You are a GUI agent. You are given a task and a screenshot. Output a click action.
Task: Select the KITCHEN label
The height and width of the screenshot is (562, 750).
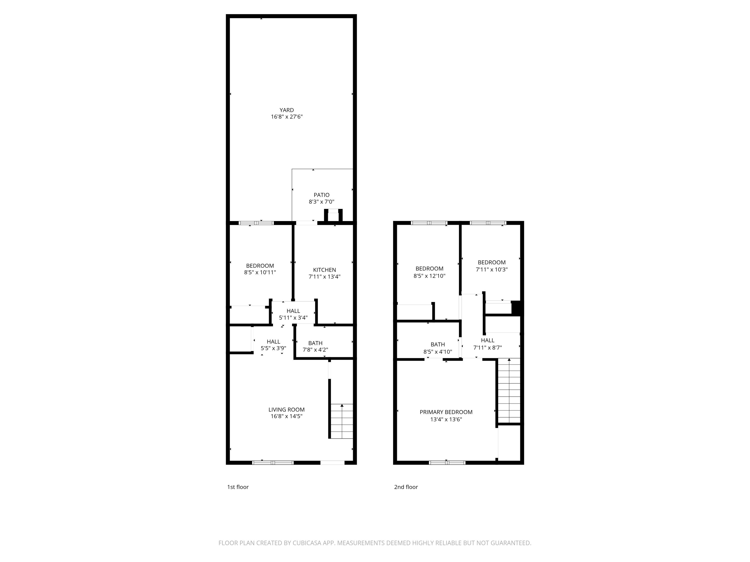(324, 270)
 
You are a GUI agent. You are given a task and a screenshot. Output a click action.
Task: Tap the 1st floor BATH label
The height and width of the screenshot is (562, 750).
(315, 343)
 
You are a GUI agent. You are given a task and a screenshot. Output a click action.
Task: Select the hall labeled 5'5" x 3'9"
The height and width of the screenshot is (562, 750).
(273, 345)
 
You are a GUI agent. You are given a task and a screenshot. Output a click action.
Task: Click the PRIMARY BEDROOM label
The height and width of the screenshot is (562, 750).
(446, 412)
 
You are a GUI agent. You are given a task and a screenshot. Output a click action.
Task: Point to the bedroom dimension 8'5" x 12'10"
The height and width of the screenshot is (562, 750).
(429, 276)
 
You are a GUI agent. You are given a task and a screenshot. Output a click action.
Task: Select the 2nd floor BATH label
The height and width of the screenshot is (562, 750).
(437, 344)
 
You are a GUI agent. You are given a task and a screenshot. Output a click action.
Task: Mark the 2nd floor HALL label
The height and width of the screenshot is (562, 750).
(487, 340)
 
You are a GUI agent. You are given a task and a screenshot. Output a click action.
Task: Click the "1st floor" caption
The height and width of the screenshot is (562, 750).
(238, 487)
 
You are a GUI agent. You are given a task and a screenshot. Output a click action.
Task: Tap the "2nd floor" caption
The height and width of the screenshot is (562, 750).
(406, 487)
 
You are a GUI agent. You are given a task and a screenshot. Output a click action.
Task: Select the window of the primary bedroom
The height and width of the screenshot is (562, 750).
(447, 462)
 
